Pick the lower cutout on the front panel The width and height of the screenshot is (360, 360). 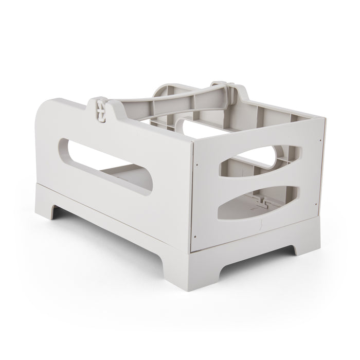[x=261, y=202]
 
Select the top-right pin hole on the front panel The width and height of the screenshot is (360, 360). [x=319, y=139]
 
